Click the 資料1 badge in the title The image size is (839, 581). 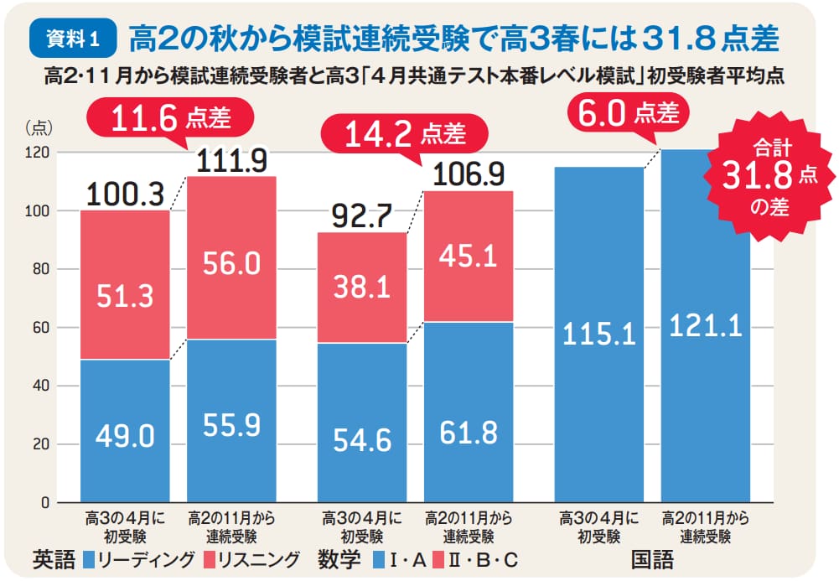click(x=72, y=37)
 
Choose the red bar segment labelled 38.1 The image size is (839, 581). click(x=361, y=288)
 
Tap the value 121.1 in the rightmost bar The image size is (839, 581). click(x=705, y=326)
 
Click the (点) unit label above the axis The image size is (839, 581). click(x=39, y=127)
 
